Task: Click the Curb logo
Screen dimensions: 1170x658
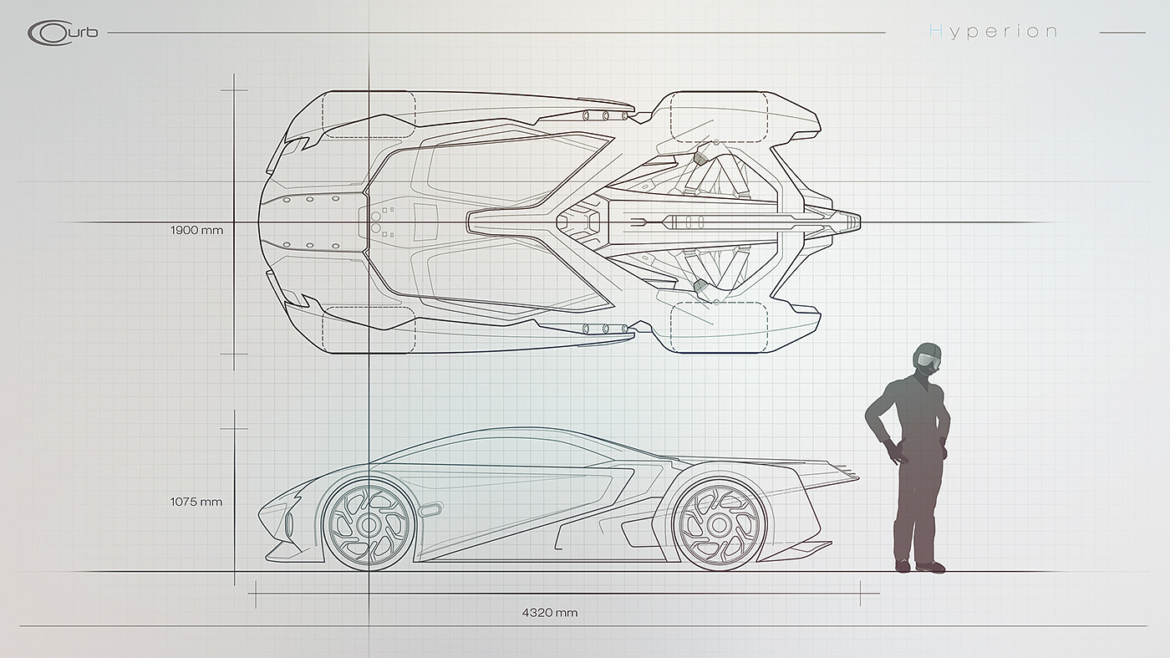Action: (62, 33)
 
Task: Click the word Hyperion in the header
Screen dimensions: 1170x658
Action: (993, 32)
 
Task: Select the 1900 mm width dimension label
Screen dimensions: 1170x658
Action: (196, 229)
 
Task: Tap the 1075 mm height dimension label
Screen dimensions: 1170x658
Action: (196, 502)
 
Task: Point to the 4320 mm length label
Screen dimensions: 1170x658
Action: (549, 613)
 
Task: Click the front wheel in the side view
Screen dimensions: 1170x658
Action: (369, 524)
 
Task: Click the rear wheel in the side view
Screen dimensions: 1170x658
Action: (718, 524)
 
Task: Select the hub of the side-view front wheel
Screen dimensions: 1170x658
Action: (369, 525)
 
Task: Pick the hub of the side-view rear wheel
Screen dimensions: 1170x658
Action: (718, 525)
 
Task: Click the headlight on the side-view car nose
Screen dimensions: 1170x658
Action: (289, 524)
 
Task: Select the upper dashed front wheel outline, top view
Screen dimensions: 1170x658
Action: (369, 115)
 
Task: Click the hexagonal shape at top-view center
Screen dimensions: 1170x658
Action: (579, 222)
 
